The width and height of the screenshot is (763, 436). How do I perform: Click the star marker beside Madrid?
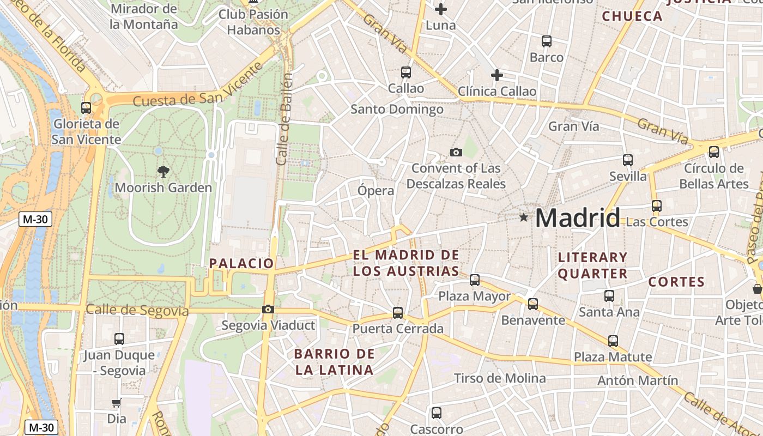[x=524, y=217]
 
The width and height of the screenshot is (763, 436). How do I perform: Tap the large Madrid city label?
[x=578, y=218]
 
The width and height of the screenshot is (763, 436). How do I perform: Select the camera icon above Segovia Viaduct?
[x=268, y=310]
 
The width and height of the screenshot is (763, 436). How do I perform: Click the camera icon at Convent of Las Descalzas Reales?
[x=456, y=152]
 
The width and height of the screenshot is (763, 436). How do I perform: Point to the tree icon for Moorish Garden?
[x=163, y=172]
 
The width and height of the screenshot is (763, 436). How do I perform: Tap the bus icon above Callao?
[x=405, y=72]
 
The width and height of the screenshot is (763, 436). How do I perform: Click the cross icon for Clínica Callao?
[x=496, y=75]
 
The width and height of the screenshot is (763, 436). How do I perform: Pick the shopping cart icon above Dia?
[x=116, y=403]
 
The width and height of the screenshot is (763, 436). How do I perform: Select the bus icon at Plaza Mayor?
[x=475, y=280]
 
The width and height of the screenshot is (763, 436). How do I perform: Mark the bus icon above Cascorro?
[x=436, y=413]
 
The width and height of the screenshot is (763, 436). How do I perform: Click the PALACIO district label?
[x=241, y=263]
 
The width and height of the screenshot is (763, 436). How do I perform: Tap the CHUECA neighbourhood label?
[x=632, y=16]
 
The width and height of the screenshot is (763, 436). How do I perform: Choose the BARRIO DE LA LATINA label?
[x=335, y=362]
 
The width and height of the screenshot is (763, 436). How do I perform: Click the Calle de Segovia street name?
[x=137, y=311]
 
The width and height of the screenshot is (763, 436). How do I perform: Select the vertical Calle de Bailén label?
[x=284, y=119]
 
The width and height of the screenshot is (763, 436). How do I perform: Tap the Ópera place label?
[x=376, y=191]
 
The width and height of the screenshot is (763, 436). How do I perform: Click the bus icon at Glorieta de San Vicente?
[x=86, y=107]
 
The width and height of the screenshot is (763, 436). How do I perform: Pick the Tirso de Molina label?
[x=500, y=378]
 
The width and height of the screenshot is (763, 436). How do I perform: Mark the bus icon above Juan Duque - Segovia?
[x=119, y=339]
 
